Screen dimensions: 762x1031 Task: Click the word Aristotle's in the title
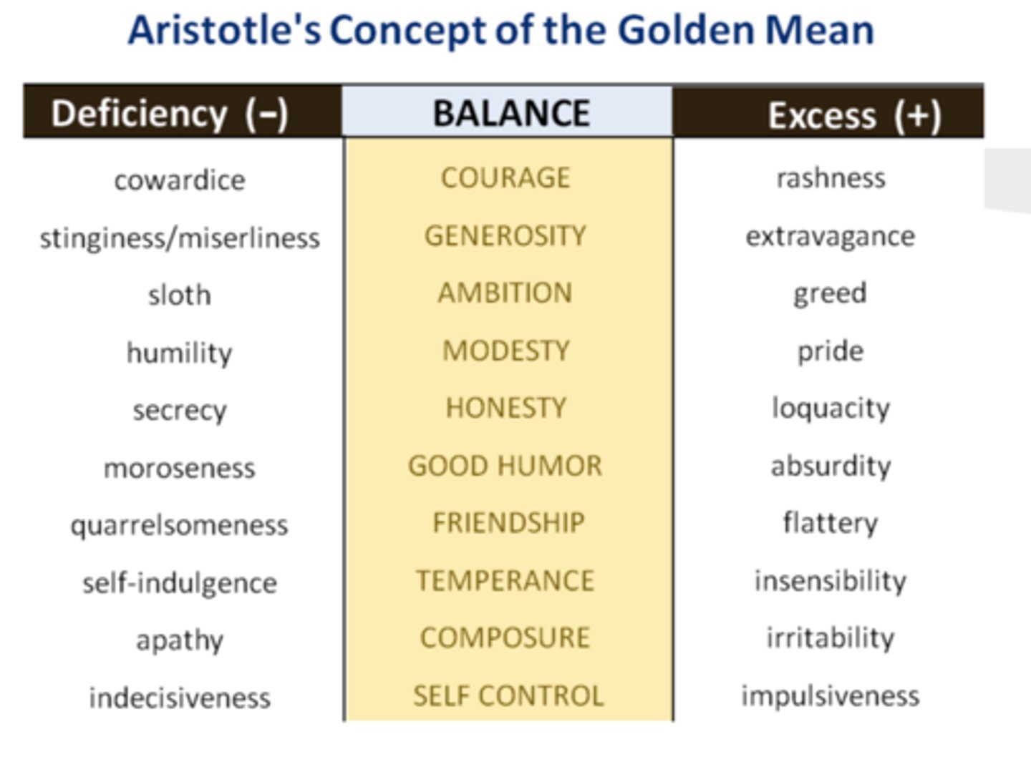224,31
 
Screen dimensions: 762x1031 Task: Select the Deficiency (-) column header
170,113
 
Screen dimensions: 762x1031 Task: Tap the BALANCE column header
510,113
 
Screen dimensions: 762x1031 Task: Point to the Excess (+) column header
853,115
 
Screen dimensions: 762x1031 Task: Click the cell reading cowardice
179,180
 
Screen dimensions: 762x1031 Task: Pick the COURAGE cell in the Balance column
505,177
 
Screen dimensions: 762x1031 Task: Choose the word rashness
831,177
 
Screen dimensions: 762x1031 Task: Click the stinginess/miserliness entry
179,238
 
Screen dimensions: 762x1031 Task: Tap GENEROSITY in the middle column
505,235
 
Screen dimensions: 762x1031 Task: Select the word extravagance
830,235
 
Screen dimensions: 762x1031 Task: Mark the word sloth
179,295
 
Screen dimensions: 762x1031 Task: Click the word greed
830,293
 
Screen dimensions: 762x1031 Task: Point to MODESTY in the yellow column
505,351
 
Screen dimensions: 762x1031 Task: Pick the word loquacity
831,408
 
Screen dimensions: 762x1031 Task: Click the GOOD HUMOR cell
505,466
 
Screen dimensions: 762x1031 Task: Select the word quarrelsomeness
179,525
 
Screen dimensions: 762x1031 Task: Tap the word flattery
830,523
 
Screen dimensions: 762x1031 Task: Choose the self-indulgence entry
179,583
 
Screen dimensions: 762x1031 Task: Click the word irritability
830,638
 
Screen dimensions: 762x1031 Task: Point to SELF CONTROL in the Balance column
508,695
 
